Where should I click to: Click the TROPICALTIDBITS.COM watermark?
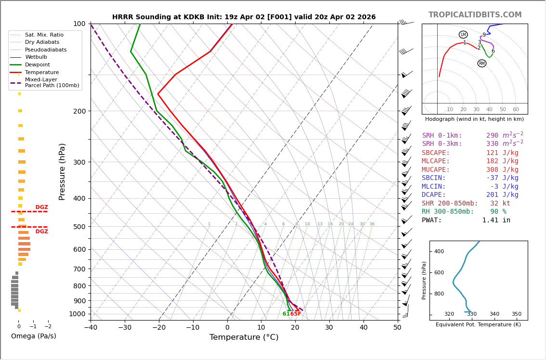475,15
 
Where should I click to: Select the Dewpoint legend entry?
38,64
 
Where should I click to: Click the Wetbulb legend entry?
36,57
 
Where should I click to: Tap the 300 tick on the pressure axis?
79,162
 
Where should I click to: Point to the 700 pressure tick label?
79,269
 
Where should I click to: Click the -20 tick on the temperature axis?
159,328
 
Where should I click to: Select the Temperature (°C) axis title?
244,337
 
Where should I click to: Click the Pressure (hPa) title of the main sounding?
62,171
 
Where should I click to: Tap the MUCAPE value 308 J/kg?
502,170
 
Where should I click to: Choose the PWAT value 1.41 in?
496,220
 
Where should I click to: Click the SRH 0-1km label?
442,136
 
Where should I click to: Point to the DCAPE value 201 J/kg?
502,195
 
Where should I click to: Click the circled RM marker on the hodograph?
481,64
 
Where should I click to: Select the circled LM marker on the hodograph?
463,35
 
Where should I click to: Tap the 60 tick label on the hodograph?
516,109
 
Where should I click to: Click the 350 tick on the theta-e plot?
516,314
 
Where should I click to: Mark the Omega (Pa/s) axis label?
34,336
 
